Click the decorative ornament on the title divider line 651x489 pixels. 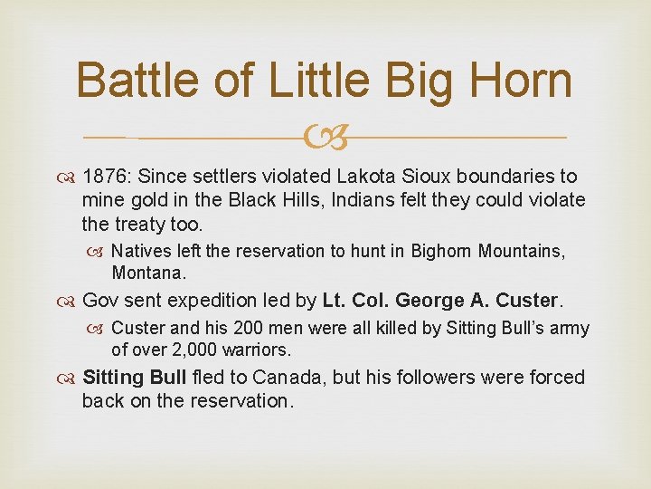[x=325, y=139]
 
